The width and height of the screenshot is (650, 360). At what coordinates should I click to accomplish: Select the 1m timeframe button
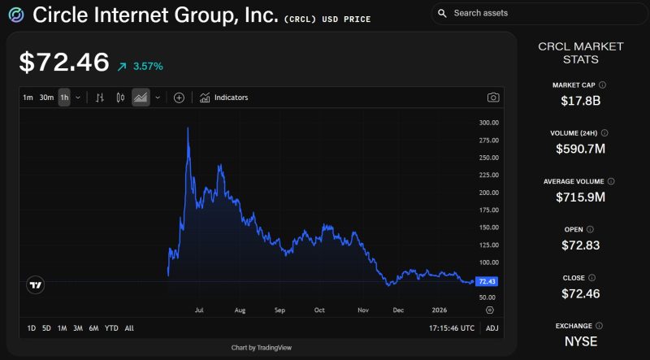coord(28,98)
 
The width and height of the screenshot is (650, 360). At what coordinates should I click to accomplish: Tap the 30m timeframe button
coord(46,98)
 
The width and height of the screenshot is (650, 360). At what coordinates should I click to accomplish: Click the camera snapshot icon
coord(493,98)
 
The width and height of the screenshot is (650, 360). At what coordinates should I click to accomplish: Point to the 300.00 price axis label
coord(488,123)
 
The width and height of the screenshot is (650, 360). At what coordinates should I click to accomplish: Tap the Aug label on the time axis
coord(240,310)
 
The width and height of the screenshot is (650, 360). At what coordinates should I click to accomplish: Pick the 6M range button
coord(93,328)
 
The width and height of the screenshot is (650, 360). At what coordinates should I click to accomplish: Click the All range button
coord(129,328)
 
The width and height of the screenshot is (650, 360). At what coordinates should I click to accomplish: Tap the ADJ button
coord(492,328)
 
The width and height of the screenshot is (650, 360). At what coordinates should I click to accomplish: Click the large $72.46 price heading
coord(63,63)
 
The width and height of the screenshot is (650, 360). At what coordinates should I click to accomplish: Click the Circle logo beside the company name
coord(15,15)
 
